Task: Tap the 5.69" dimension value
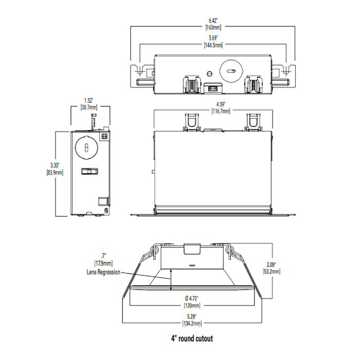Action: point(212,39)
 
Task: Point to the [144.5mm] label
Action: point(212,45)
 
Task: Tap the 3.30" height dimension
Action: point(55,165)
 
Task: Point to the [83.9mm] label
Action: point(55,172)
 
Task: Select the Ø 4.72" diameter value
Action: point(192,297)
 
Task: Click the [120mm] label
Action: point(192,304)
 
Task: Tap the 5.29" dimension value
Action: point(192,316)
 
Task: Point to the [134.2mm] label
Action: point(192,323)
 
